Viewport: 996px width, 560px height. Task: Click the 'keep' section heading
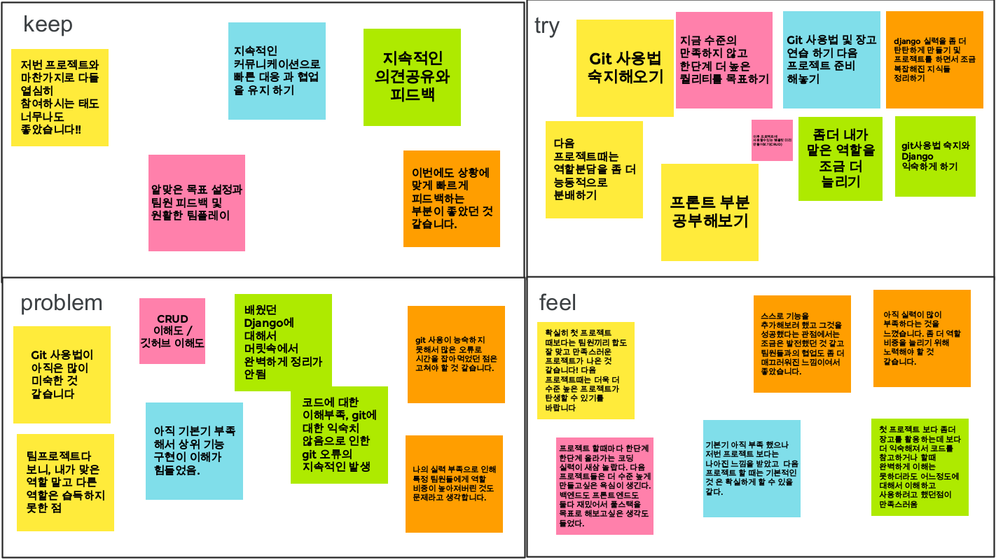click(48, 25)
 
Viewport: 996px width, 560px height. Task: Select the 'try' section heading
click(547, 26)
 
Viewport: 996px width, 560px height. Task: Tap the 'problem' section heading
click(62, 303)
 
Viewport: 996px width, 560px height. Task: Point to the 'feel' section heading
click(558, 302)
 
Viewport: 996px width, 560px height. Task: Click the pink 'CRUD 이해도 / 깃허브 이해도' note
click(172, 331)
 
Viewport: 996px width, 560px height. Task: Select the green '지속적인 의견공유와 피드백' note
click(412, 77)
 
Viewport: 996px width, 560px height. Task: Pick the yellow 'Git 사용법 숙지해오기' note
click(625, 68)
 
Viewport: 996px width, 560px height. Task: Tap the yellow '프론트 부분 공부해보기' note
click(710, 212)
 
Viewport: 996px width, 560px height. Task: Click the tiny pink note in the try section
click(772, 140)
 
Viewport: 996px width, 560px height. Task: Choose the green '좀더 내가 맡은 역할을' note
click(840, 159)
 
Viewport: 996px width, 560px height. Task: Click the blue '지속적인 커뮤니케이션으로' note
click(277, 71)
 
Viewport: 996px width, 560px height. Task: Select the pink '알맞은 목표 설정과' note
click(197, 203)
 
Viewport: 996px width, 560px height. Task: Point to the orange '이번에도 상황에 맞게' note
click(452, 199)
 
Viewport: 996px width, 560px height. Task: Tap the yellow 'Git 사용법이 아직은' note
click(62, 374)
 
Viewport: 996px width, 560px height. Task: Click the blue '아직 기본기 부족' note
click(194, 451)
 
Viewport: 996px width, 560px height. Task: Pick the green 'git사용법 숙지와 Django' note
click(935, 157)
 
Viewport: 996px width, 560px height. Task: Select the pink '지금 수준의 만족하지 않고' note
click(724, 60)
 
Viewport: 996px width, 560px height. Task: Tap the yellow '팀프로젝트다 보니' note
click(65, 482)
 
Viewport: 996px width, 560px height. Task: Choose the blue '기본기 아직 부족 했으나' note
click(752, 468)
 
